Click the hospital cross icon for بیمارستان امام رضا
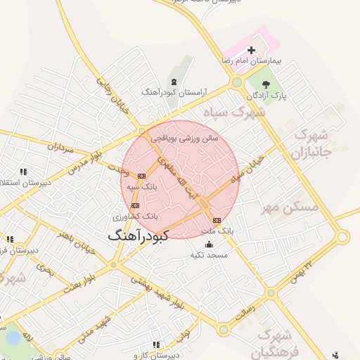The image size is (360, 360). (251, 50)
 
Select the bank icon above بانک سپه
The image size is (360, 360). (141, 175)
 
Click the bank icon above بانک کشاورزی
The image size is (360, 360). (135, 205)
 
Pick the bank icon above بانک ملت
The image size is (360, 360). (216, 220)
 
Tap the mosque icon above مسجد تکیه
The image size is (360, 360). (209, 245)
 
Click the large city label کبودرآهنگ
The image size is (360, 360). (139, 236)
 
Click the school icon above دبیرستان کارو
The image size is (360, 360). (155, 345)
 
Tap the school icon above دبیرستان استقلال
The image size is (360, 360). (23, 172)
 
